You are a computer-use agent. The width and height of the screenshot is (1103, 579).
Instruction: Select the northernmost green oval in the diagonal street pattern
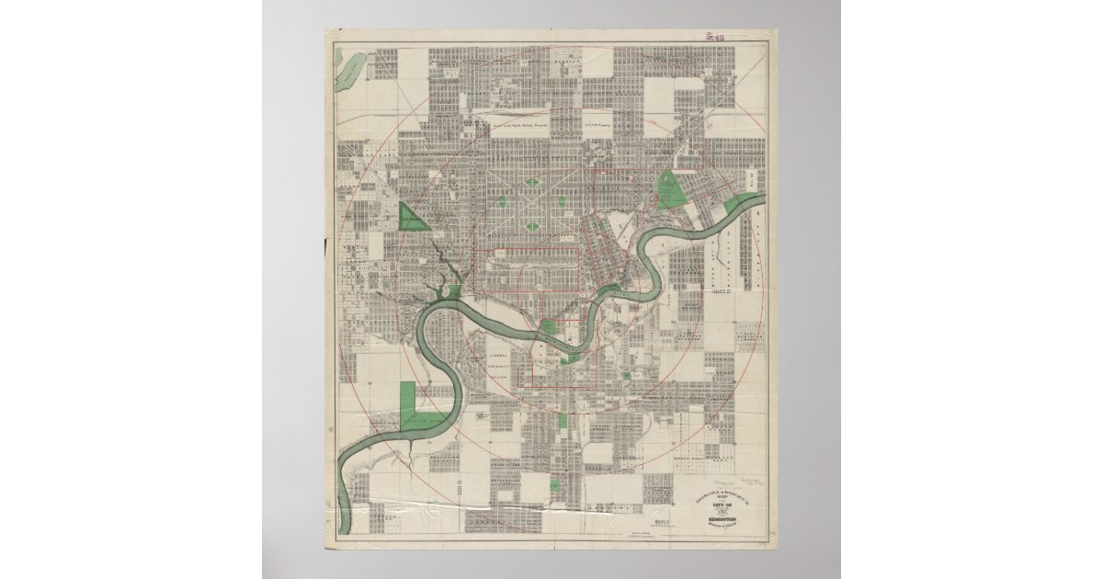(x=532, y=184)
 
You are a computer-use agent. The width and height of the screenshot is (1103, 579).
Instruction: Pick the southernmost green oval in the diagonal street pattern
(x=532, y=225)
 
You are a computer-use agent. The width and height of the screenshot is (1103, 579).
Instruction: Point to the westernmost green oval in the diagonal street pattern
(x=503, y=204)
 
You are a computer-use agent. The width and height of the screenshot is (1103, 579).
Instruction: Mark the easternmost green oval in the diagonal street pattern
(x=562, y=204)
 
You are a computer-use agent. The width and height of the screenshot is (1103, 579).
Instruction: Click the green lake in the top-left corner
(x=350, y=70)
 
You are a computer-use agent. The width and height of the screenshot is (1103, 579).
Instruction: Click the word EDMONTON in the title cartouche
(x=721, y=518)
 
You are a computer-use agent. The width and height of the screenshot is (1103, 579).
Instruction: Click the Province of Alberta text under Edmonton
(x=722, y=526)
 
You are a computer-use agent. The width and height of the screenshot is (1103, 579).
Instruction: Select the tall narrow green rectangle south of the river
(x=563, y=420)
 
